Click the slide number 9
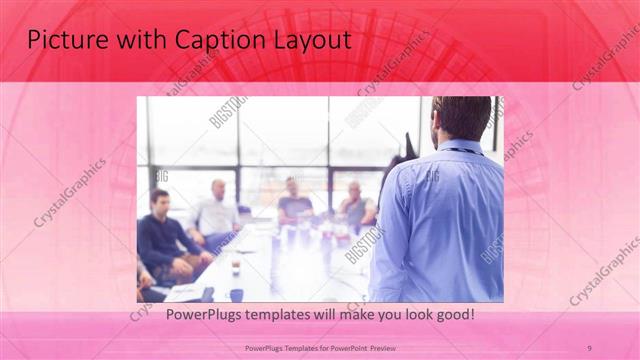589,348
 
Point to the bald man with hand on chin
355,205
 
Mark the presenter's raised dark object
404,150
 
